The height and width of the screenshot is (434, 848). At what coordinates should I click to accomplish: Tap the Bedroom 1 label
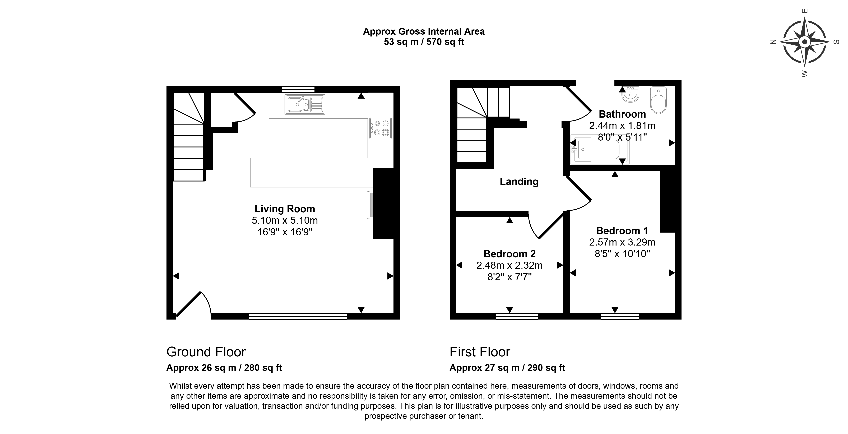[622, 230]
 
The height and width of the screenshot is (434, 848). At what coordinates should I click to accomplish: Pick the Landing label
[519, 182]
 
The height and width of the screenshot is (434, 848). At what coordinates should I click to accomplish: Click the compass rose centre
[805, 42]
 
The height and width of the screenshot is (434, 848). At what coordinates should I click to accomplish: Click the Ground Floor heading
[206, 352]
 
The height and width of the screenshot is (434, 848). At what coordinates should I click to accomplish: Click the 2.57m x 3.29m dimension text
[622, 242]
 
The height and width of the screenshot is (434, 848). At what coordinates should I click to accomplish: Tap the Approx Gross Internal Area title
[424, 32]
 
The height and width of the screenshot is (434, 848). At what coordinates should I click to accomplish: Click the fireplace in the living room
[383, 204]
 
